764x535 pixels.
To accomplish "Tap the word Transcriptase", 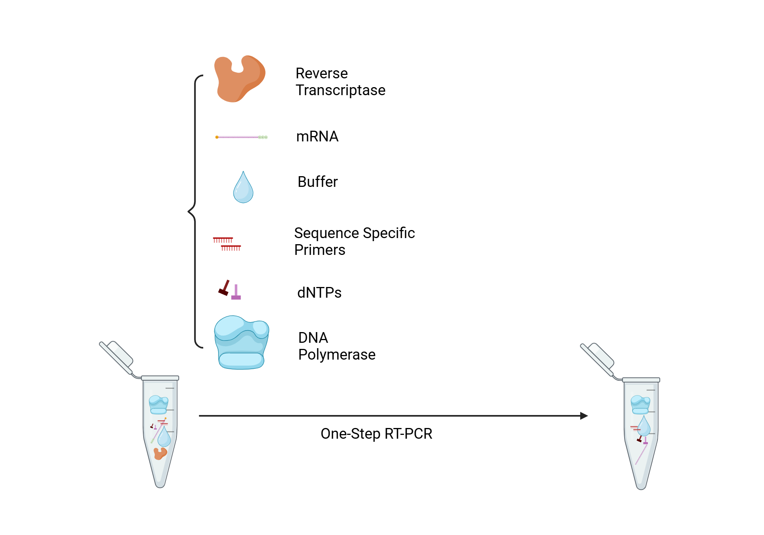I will (340, 91).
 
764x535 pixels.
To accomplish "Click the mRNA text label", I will (317, 136).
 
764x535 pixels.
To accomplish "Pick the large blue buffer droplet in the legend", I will (243, 189).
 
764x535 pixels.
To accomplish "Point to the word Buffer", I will (317, 182).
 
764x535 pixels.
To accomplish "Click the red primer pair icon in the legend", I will (227, 244).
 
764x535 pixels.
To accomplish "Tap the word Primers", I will (320, 250).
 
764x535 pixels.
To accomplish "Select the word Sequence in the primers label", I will (327, 233).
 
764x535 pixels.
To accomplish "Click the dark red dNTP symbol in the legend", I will (224, 289).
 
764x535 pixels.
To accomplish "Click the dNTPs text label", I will (319, 293).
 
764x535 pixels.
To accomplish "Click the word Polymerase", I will (337, 355).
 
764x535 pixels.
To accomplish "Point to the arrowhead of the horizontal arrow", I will (584, 416).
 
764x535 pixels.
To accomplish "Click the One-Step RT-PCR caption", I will (376, 434).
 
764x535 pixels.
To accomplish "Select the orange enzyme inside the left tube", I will (160, 454).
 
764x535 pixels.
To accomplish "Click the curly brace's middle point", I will (189, 211).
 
